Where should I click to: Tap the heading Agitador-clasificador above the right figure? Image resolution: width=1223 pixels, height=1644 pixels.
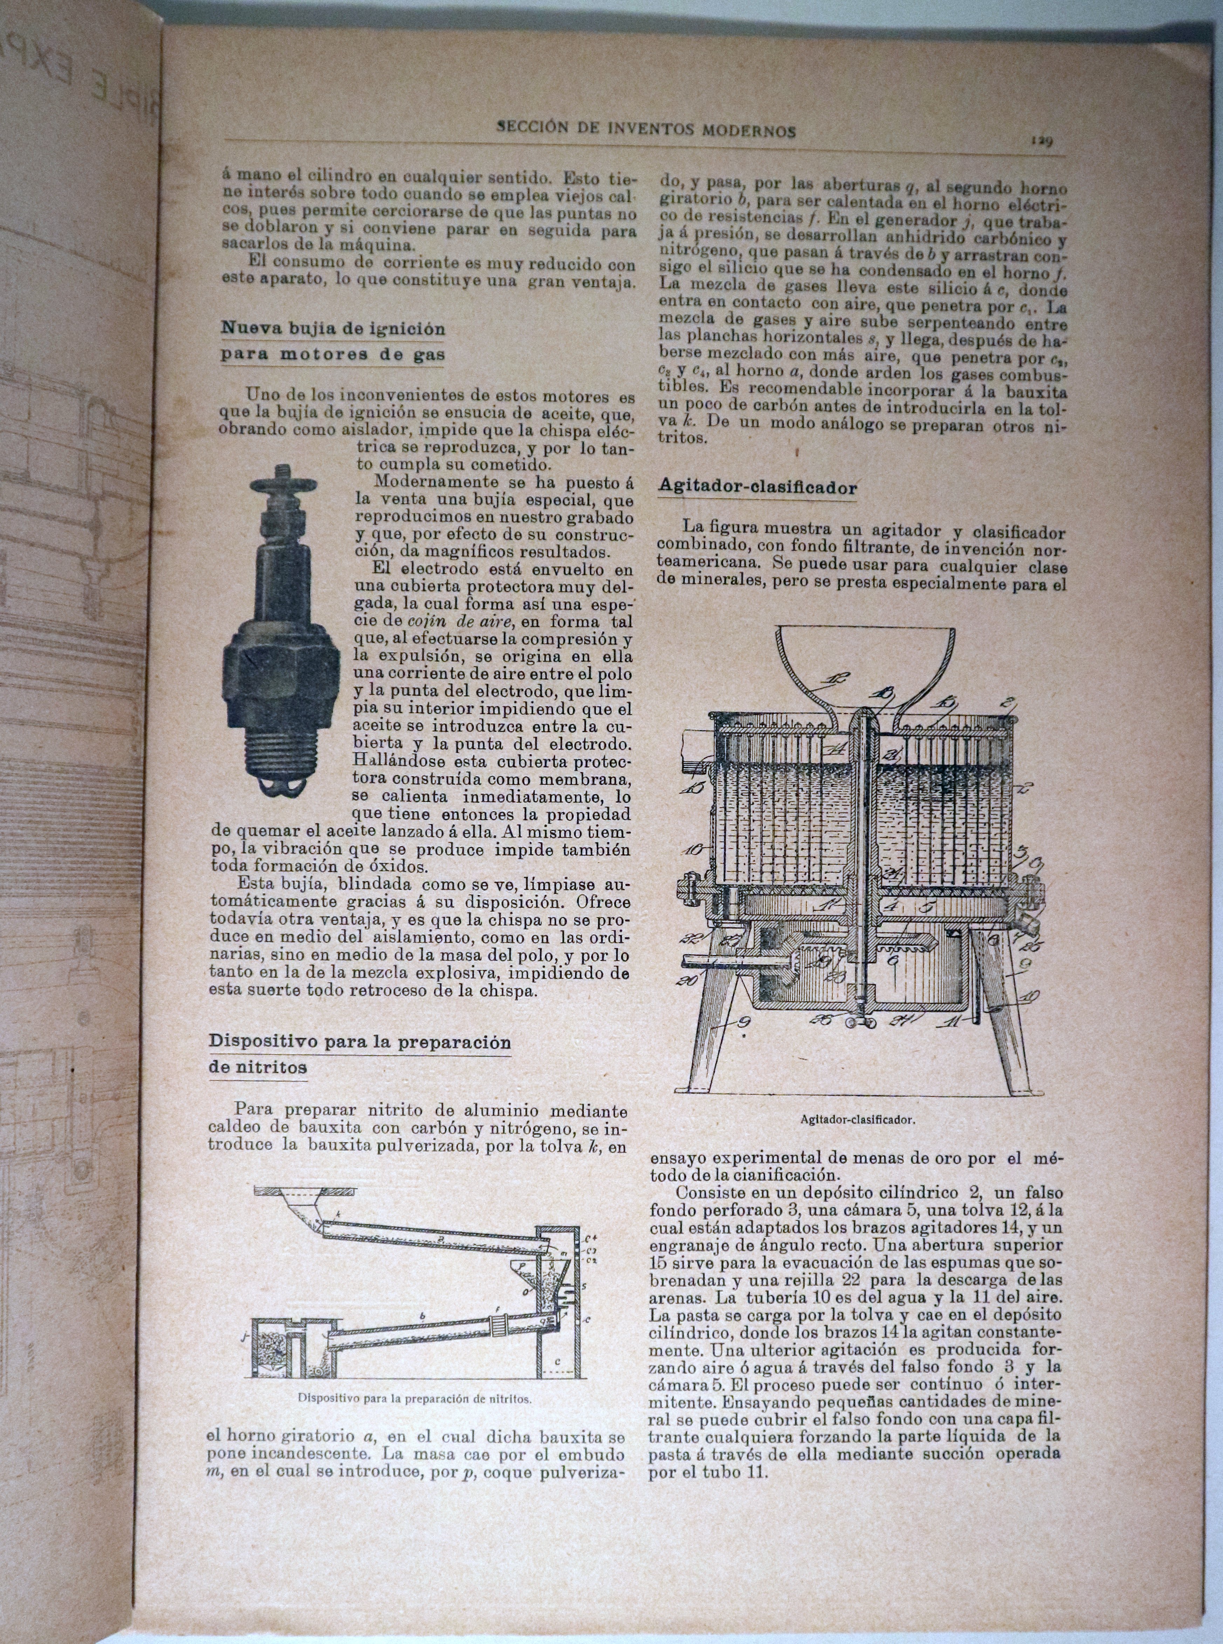(x=757, y=488)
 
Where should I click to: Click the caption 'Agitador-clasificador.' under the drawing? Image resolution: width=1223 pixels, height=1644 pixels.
(x=857, y=1120)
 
